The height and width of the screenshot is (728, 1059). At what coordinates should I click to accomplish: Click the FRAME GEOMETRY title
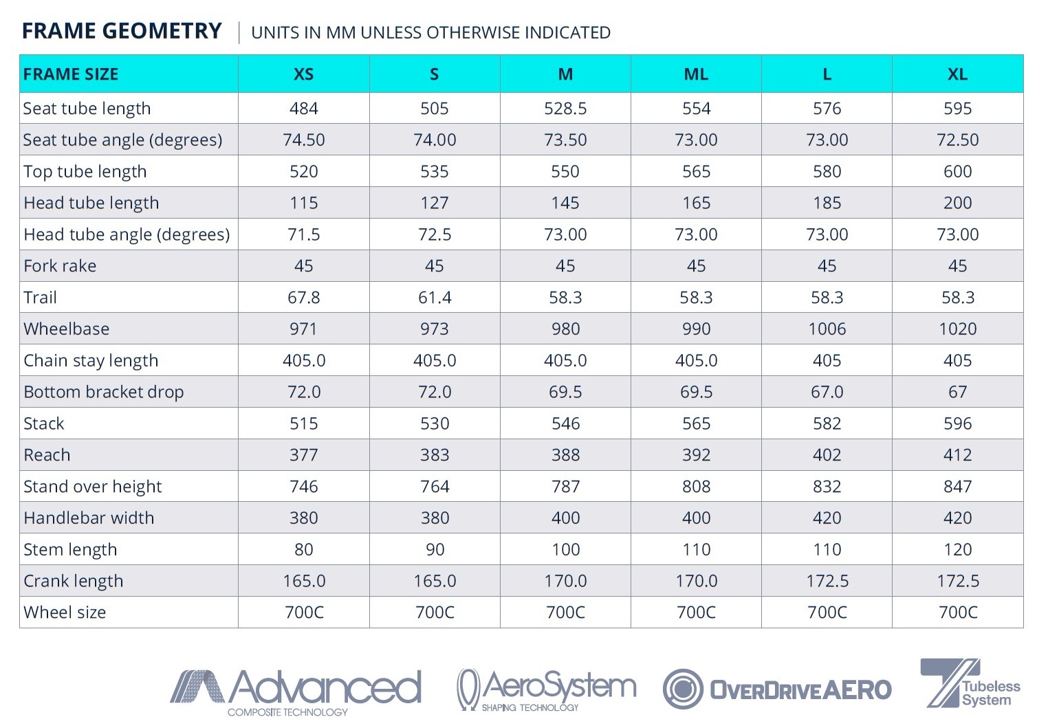click(x=122, y=32)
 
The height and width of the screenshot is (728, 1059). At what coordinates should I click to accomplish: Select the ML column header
click(x=696, y=74)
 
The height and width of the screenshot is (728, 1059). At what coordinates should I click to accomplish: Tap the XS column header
click(x=303, y=74)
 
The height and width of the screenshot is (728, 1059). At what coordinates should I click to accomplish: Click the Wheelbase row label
click(x=67, y=329)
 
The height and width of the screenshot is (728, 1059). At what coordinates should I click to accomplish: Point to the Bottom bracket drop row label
click(x=104, y=393)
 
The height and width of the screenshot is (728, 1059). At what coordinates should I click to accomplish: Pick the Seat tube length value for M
click(x=565, y=109)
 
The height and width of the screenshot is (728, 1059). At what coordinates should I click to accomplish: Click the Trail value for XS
click(x=303, y=298)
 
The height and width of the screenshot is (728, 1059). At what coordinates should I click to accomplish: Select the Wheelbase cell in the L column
click(x=827, y=329)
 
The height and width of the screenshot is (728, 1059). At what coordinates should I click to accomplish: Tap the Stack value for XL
click(x=957, y=423)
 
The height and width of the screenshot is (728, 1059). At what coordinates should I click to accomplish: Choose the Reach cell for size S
click(x=435, y=455)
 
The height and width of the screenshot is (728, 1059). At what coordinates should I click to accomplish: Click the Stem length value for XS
click(x=303, y=550)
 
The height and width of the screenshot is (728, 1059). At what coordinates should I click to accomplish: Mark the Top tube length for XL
click(x=957, y=172)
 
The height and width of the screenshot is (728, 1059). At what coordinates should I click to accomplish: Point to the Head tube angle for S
click(x=435, y=235)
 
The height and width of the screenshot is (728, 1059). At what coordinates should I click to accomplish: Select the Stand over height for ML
click(x=696, y=487)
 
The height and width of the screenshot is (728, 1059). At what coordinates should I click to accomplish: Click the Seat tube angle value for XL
click(x=957, y=140)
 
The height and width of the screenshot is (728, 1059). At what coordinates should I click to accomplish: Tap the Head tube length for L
click(x=827, y=203)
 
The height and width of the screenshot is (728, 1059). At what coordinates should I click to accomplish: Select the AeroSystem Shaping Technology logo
click(x=546, y=690)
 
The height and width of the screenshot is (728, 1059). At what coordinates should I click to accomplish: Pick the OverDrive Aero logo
click(x=777, y=689)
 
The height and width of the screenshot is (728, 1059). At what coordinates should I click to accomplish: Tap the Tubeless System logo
click(x=970, y=685)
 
